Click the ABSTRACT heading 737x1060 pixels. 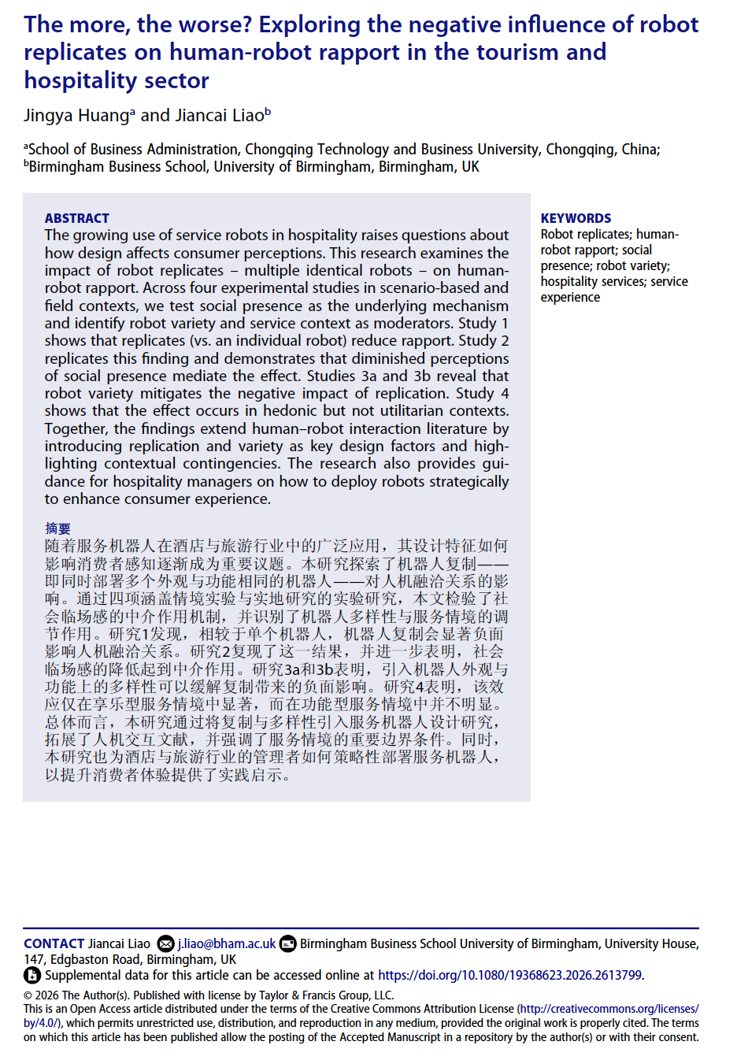coord(76,218)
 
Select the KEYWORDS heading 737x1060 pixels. coord(576,218)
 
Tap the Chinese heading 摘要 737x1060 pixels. coord(57,528)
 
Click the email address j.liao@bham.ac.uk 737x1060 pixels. coord(227,943)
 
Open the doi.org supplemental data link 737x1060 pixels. coord(509,975)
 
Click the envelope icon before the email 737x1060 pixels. coord(165,943)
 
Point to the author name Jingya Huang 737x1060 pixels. coord(76,115)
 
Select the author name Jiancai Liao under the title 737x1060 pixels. coord(219,115)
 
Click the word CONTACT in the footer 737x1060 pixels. coord(54,943)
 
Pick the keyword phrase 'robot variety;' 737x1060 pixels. coord(633,265)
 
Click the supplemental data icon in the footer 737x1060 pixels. coord(32,975)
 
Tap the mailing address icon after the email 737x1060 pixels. coord(288,943)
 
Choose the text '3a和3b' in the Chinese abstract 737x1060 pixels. coord(302,669)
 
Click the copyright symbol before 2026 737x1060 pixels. coord(28,995)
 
